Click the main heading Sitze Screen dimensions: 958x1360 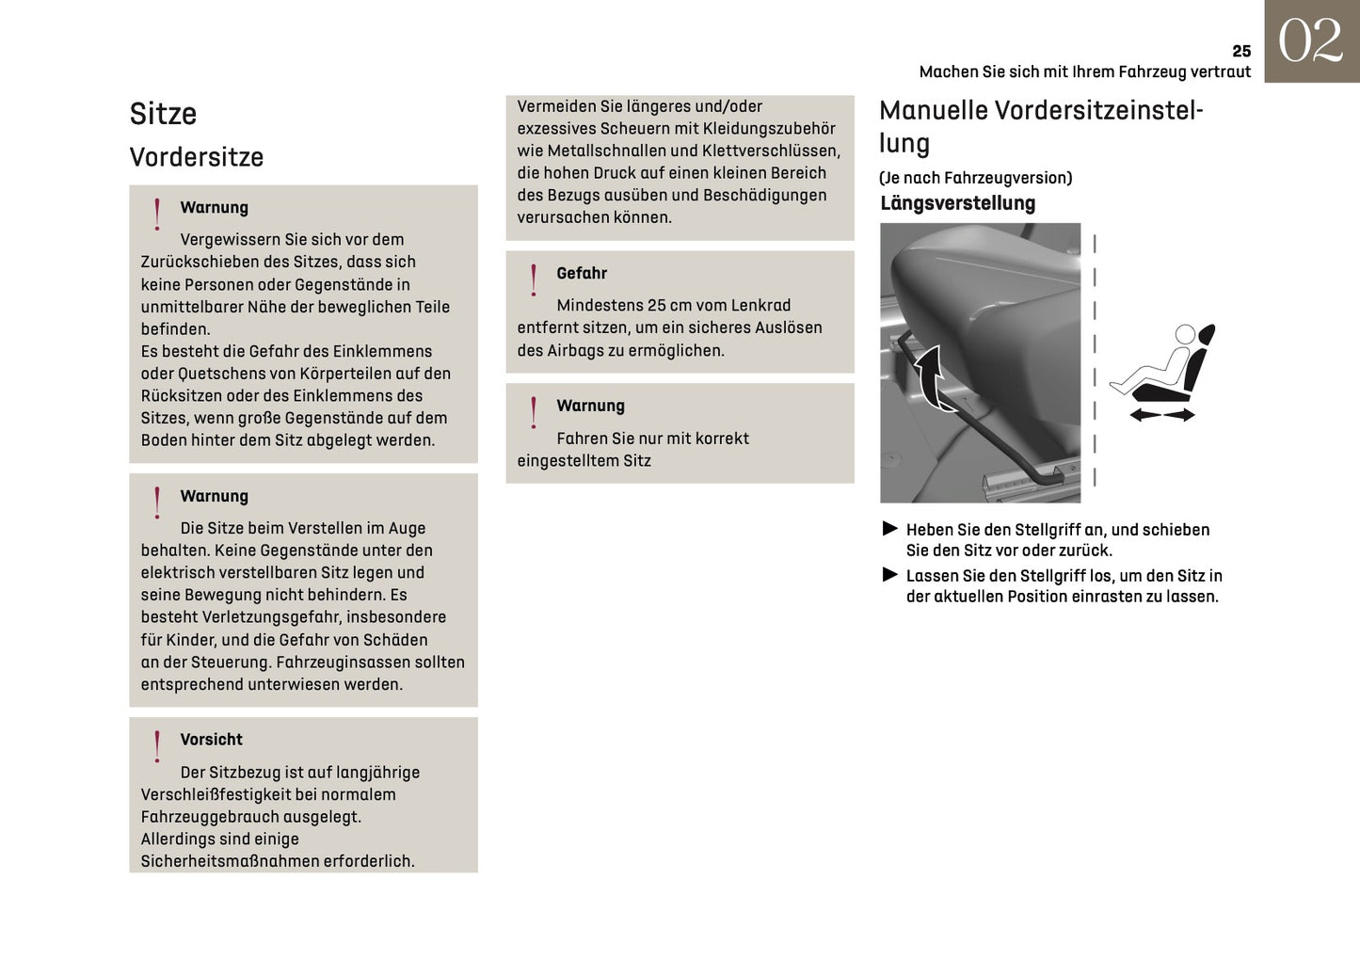[x=163, y=114]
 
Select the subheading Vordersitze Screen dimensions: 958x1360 [x=196, y=157]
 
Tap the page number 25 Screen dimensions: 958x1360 [x=1241, y=51]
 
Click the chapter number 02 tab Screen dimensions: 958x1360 [x=1310, y=41]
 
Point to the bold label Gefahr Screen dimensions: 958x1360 [x=582, y=273]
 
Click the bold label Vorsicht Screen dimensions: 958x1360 [x=211, y=740]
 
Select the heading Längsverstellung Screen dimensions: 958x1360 [x=957, y=203]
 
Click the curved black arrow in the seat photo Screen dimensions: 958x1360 [x=931, y=376]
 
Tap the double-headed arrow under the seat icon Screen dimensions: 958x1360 [x=1161, y=414]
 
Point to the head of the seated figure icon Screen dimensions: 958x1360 [x=1185, y=334]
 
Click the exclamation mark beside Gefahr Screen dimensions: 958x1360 [x=534, y=279]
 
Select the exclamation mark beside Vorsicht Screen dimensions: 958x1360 [x=157, y=746]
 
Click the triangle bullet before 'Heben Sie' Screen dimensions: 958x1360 [x=889, y=529]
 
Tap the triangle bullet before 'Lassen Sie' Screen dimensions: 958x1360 [x=889, y=574]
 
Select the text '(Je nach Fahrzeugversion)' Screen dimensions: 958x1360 [x=975, y=178]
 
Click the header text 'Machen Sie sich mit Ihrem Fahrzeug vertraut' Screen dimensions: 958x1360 [x=1084, y=72]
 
